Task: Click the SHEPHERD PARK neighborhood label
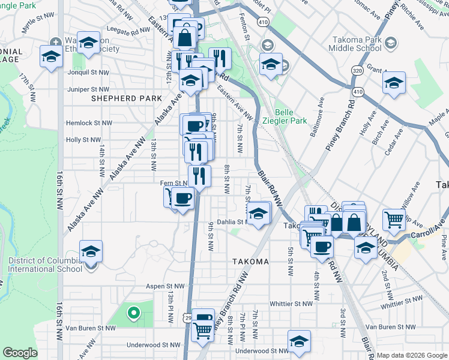[x=126, y=98]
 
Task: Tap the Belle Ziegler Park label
[x=291, y=116]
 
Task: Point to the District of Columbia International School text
[x=45, y=265]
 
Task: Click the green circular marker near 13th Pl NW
[x=133, y=312]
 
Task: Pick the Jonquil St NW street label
[x=89, y=72]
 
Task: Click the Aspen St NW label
[x=163, y=287]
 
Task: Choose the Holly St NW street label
[x=83, y=140]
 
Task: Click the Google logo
[x=20, y=353]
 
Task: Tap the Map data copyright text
[x=412, y=355]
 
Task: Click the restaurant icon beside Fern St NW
[x=199, y=176]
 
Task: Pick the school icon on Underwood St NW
[x=299, y=341]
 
